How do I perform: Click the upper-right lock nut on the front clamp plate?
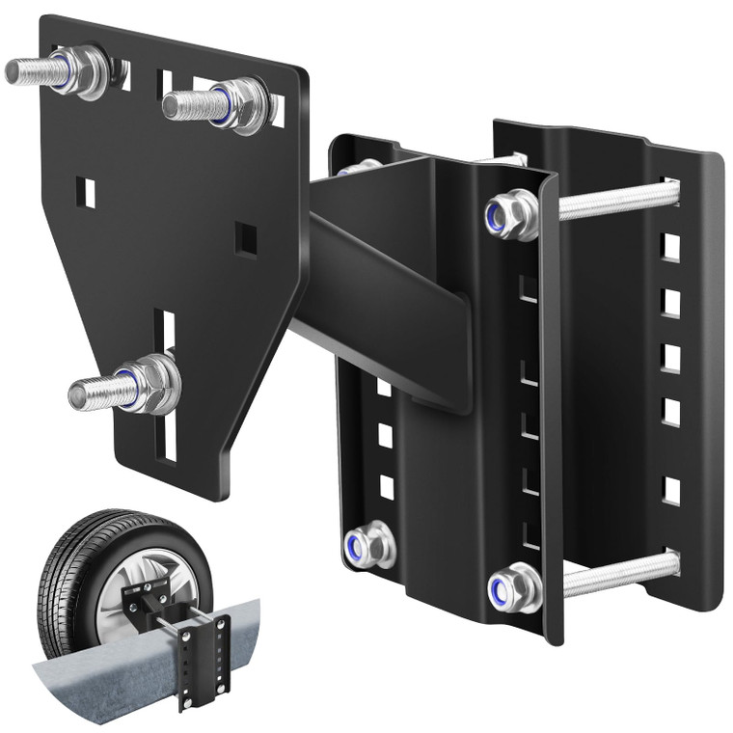(510, 214)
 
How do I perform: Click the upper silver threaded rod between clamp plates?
(617, 200)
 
